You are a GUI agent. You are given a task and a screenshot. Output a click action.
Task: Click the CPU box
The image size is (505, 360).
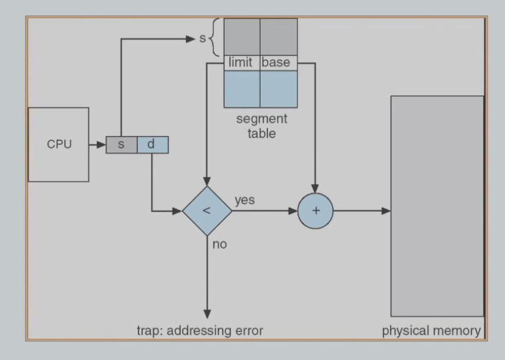click(58, 145)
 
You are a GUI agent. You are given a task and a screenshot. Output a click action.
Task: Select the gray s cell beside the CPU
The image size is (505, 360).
click(121, 145)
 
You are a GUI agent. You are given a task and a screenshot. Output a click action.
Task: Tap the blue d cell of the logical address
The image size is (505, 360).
click(152, 145)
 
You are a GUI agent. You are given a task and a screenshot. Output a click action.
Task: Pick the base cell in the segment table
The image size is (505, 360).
click(278, 62)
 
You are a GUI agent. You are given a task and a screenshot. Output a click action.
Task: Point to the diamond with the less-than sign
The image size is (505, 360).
click(206, 211)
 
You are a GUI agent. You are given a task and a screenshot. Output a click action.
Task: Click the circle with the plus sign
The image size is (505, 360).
click(316, 211)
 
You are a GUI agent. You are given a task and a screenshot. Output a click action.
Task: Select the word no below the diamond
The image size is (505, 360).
click(219, 244)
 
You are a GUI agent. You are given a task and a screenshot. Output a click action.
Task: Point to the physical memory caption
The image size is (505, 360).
click(431, 331)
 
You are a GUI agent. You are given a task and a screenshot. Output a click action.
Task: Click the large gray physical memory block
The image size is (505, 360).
click(437, 205)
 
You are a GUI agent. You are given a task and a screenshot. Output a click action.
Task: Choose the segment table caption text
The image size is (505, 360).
click(261, 125)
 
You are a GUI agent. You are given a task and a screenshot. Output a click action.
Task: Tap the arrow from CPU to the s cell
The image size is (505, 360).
click(97, 145)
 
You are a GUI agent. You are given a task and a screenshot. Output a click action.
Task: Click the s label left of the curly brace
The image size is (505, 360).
click(203, 39)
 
